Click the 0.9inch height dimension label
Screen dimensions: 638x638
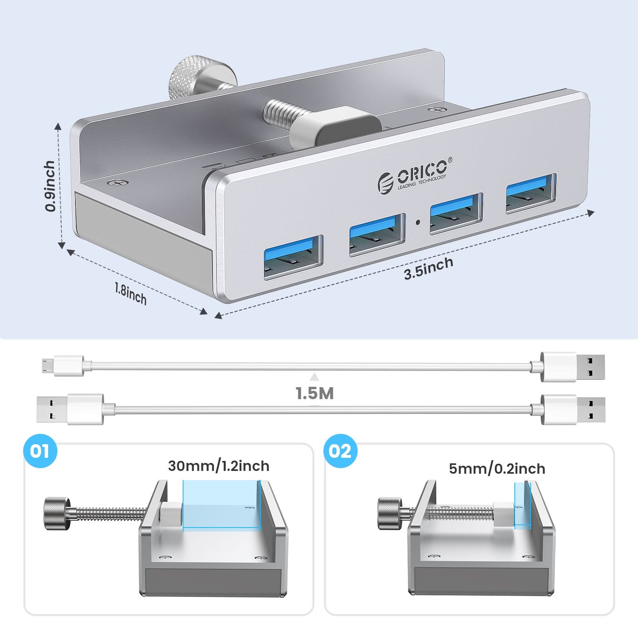click(x=50, y=186)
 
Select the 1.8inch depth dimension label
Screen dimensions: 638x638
click(x=130, y=293)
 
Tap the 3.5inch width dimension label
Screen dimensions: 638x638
click(x=428, y=268)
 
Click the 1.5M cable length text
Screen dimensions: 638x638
click(x=315, y=394)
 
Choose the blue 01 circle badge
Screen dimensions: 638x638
click(x=40, y=451)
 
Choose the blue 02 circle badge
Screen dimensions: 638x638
click(x=340, y=451)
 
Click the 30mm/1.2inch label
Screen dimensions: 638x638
click(x=219, y=466)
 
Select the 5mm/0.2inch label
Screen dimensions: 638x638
click(x=497, y=469)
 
